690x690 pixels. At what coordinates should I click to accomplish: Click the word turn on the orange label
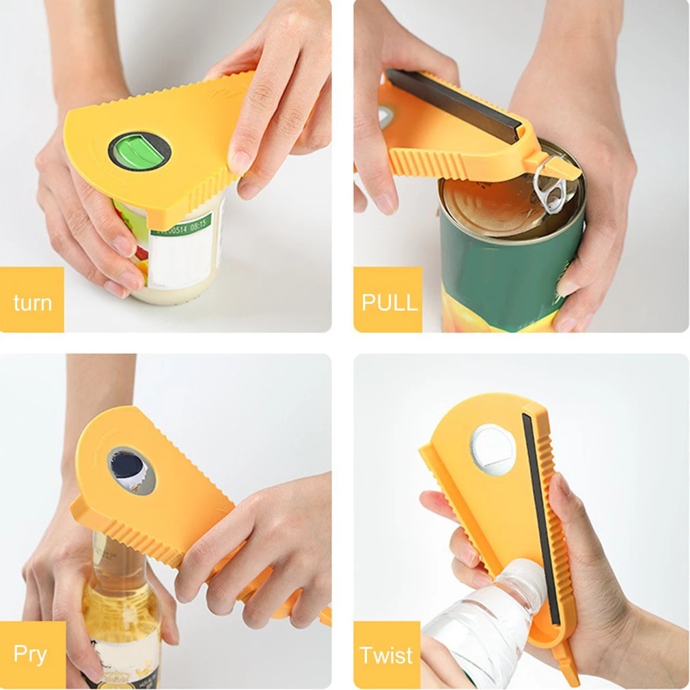tap(32, 302)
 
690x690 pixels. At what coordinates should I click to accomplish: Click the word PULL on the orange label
tap(389, 302)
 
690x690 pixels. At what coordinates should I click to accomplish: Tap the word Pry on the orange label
tap(30, 654)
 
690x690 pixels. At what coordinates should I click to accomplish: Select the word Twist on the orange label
tap(387, 655)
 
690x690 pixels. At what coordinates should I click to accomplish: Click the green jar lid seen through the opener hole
tap(134, 148)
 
